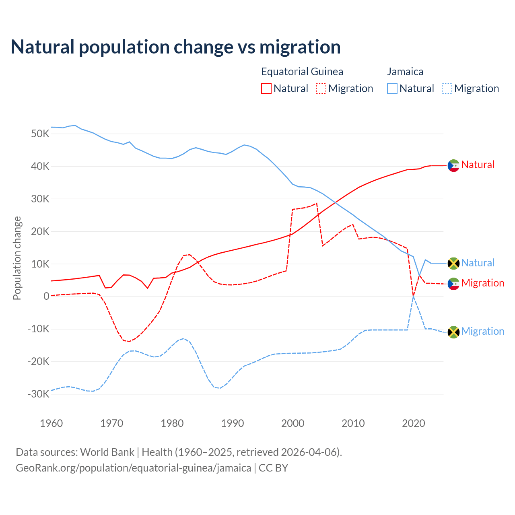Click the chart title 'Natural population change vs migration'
point(176,47)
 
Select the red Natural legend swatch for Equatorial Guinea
point(266,89)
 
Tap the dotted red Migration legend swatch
point(321,89)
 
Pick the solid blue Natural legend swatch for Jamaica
point(392,89)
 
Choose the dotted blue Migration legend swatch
point(447,89)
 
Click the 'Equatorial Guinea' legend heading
point(302,72)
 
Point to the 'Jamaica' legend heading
point(405,72)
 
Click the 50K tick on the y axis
point(40,134)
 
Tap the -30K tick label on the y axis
point(38,394)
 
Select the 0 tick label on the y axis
point(46,296)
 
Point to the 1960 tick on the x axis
point(51,423)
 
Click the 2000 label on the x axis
point(293,423)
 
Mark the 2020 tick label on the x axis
point(414,423)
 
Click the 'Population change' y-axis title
point(17,258)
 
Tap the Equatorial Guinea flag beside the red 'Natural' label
point(453,165)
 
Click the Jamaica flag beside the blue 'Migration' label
point(453,332)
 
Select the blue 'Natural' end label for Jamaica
point(478,263)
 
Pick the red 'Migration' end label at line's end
point(482,283)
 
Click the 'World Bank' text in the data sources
point(107,452)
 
